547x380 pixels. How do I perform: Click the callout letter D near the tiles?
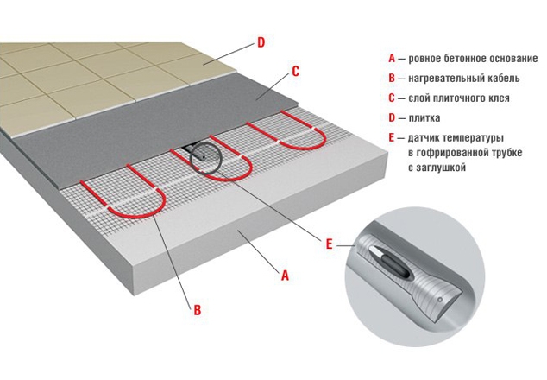(x=261, y=42)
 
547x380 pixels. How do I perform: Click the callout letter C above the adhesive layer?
(x=295, y=71)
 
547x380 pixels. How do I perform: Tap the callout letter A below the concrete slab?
(x=286, y=275)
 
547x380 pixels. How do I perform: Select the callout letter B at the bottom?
(x=198, y=310)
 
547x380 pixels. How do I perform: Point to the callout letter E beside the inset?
(x=329, y=244)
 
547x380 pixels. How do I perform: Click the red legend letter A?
(x=392, y=59)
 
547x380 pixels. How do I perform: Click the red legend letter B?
(x=392, y=79)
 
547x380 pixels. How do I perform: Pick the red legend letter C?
(x=392, y=98)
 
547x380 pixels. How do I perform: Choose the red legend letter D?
(x=392, y=118)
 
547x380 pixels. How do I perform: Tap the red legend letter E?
(x=392, y=138)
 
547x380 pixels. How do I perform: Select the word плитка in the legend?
(x=424, y=118)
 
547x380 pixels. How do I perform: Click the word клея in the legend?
(x=499, y=98)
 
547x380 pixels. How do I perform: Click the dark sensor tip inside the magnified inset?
(x=396, y=263)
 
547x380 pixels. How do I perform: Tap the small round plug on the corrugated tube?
(x=440, y=300)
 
